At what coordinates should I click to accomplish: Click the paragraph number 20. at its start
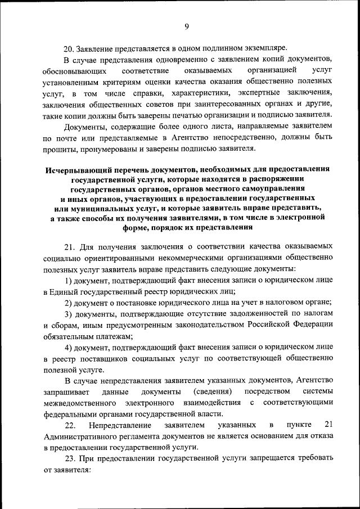[x=69, y=47]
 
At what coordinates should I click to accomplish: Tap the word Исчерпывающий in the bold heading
[x=76, y=169]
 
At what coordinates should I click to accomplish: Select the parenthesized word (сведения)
[x=213, y=391]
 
